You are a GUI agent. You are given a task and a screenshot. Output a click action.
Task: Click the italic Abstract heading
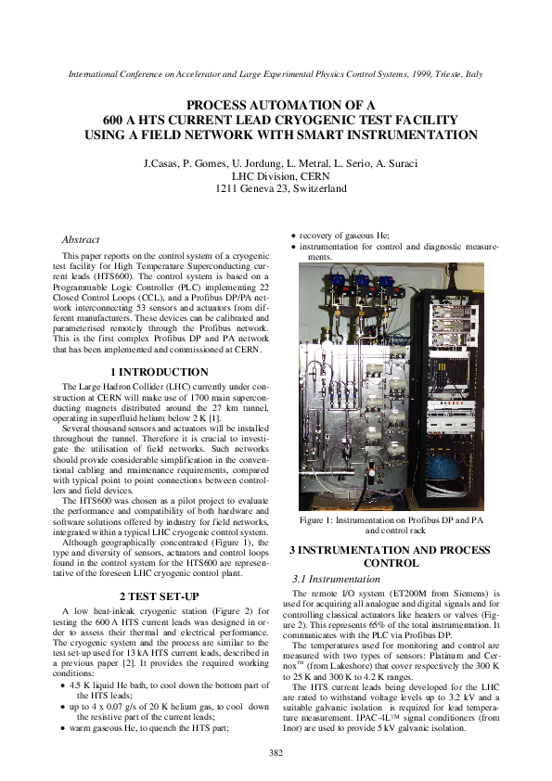click(x=81, y=239)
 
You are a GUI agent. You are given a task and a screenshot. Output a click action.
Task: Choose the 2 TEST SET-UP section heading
click(x=162, y=595)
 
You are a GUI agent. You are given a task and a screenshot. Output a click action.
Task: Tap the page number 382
click(x=276, y=751)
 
